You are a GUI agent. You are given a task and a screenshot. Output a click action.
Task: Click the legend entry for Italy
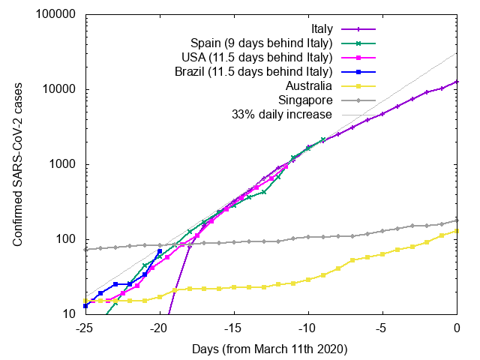(318, 29)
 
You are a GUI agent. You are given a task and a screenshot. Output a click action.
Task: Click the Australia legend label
(307, 86)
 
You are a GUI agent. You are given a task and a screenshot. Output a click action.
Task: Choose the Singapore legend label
(304, 100)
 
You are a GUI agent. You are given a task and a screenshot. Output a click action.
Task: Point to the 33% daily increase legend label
(281, 115)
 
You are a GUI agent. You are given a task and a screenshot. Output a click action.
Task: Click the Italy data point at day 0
(457, 82)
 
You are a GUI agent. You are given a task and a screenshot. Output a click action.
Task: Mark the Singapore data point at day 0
(457, 220)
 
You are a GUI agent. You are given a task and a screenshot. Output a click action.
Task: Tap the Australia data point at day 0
(457, 231)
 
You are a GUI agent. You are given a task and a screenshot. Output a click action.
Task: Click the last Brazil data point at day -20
(160, 251)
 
